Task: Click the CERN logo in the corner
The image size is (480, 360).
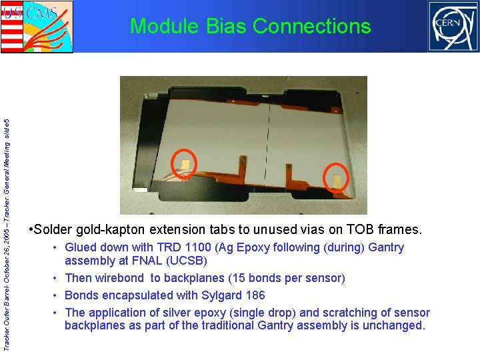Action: [x=453, y=26]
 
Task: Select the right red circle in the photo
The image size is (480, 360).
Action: [x=336, y=179]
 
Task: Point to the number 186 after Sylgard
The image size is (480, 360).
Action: [x=253, y=295]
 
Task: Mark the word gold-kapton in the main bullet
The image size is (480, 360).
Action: [x=119, y=230]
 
